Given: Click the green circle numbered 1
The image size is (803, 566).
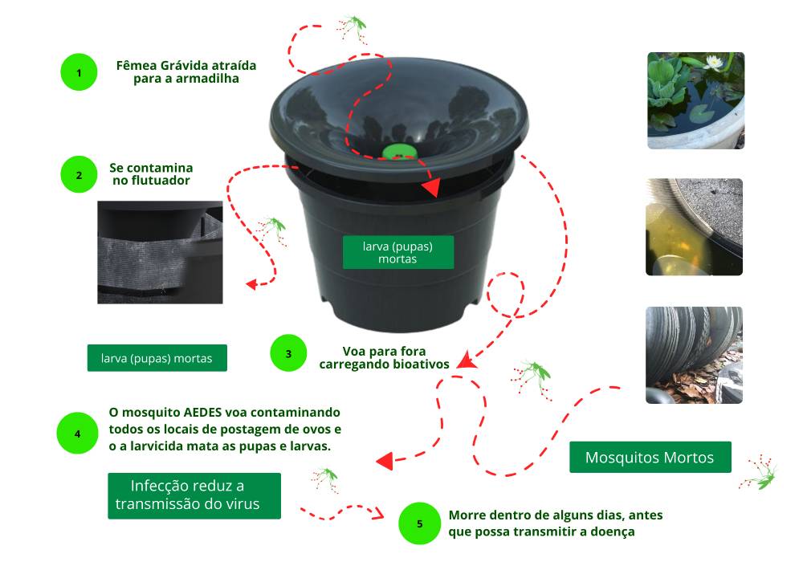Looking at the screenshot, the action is (79, 72).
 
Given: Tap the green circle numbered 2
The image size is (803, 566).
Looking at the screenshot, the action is (79, 175).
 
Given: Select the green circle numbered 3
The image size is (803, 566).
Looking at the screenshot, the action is (288, 353).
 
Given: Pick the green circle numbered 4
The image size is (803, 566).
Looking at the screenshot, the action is (77, 434).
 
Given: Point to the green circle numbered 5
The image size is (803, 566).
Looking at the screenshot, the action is (420, 523).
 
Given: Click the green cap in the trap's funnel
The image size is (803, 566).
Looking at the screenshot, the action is (400, 152).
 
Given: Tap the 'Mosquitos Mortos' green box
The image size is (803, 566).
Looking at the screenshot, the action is (650, 457).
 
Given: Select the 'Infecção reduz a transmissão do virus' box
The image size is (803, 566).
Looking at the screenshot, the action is (194, 495).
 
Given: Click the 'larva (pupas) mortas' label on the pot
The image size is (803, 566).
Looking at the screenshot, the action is (398, 252).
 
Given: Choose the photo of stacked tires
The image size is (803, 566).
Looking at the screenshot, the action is (694, 355).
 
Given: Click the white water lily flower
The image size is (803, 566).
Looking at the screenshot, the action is (713, 63).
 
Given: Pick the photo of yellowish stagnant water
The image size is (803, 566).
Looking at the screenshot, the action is (694, 227).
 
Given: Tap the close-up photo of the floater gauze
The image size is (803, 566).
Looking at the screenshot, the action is (161, 252).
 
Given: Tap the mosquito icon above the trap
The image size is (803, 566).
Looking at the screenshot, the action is (352, 28).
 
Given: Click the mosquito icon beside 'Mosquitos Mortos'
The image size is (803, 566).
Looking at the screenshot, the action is (759, 472).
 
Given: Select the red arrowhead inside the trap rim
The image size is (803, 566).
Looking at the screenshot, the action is (431, 187).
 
